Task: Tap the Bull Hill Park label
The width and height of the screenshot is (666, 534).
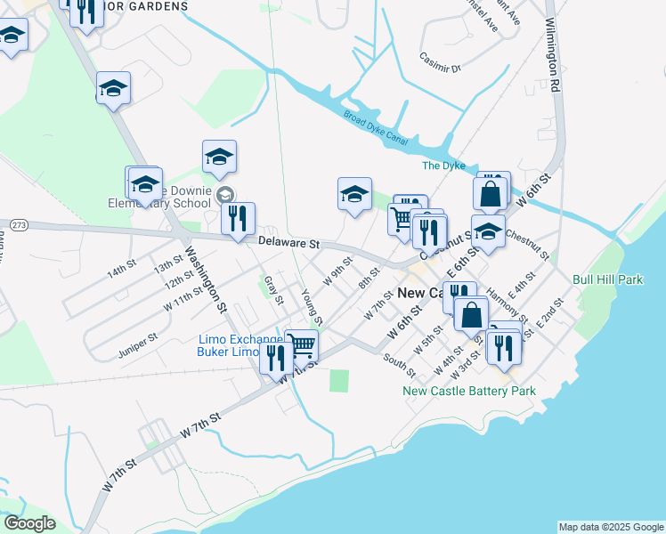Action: [x=608, y=279]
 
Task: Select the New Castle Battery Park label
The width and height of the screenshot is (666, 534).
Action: [x=469, y=391]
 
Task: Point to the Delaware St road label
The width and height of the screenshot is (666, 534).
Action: [x=288, y=242]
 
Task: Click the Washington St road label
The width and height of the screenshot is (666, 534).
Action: [x=205, y=278]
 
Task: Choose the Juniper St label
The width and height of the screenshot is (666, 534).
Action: [x=138, y=345]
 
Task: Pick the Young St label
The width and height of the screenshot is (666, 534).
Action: [x=312, y=308]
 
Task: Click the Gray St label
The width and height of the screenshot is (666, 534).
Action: [x=272, y=289]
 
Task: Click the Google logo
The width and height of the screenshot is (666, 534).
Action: [x=29, y=523]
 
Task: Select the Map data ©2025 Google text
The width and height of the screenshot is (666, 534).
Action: [x=611, y=527]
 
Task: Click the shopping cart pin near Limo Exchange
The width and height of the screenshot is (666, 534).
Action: [x=302, y=345]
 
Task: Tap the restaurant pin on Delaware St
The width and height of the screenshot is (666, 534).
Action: [x=238, y=219]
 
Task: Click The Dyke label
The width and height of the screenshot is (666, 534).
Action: [x=443, y=166]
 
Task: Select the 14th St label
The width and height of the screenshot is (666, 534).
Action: [x=119, y=272]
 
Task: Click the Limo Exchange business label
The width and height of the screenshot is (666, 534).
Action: [x=232, y=339]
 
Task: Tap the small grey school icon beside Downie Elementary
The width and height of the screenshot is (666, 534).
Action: [x=226, y=195]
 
